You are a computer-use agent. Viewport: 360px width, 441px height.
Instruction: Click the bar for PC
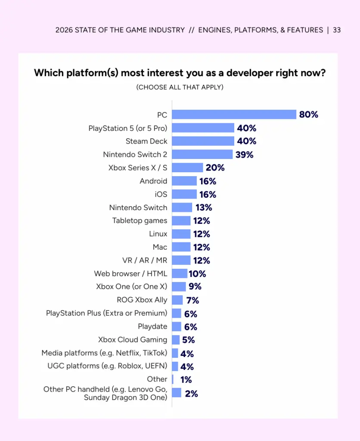click(x=234, y=115)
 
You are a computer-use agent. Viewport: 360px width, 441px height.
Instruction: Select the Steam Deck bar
click(x=203, y=141)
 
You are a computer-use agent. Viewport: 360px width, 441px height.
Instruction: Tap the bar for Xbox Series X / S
click(x=187, y=168)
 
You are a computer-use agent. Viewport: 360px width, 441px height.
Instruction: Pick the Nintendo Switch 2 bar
click(x=202, y=154)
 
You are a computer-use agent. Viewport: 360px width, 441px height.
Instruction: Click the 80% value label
click(x=309, y=115)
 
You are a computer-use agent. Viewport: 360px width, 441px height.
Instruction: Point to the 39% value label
click(x=244, y=155)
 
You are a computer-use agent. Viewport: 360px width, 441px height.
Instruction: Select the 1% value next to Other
click(x=186, y=380)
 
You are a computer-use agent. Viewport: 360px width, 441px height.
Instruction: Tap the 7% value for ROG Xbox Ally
click(x=192, y=300)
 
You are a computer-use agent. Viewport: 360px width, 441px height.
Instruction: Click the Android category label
click(x=153, y=181)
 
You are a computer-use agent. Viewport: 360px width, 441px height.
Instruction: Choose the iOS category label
click(x=161, y=194)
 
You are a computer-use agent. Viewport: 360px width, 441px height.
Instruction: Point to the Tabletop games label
click(x=140, y=220)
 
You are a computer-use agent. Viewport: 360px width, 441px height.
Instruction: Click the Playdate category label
click(x=152, y=326)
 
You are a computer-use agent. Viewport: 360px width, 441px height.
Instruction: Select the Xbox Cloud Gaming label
click(x=133, y=340)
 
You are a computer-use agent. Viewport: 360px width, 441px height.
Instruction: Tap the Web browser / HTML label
click(x=130, y=273)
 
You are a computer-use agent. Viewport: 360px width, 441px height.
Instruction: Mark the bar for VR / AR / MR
click(x=181, y=260)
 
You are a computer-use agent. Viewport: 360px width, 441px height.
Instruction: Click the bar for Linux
click(x=181, y=234)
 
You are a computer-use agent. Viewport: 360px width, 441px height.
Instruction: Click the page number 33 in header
click(x=337, y=30)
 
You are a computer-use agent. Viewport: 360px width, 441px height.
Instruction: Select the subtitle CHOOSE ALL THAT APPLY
click(x=180, y=87)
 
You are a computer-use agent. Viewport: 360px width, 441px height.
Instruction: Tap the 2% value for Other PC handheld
click(x=192, y=393)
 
